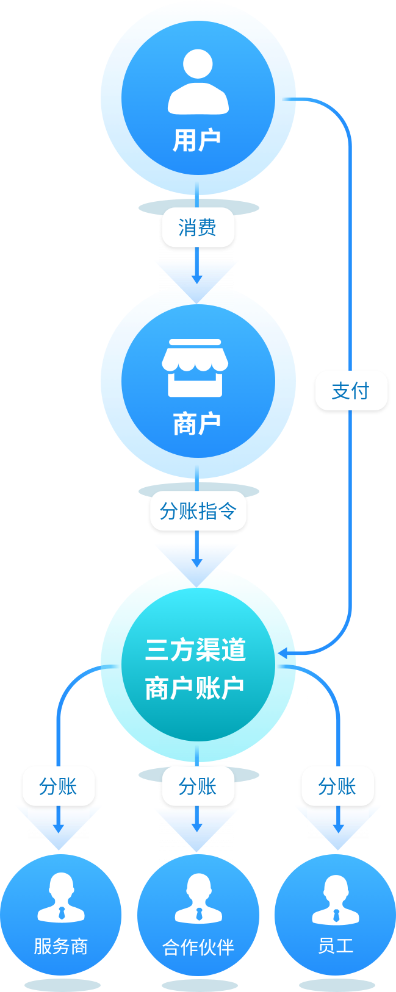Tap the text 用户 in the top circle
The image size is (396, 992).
[x=197, y=140]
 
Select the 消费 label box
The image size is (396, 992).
[x=197, y=228]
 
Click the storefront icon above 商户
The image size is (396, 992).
[x=195, y=367]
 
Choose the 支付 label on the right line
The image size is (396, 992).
[x=351, y=391]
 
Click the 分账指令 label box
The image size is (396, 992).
[x=198, y=511]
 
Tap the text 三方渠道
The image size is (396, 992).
[x=195, y=651]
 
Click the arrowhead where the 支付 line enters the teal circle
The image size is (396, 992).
[x=283, y=653]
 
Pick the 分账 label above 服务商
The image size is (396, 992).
[x=59, y=787]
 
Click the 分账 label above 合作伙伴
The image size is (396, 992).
[x=198, y=787]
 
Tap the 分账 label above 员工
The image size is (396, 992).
[x=337, y=787]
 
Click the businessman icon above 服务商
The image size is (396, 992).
[x=61, y=898]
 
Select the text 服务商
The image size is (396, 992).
[x=61, y=946]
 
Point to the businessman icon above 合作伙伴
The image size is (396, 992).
[x=198, y=898]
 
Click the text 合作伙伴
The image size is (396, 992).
[x=198, y=947]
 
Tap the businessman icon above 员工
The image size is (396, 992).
[x=336, y=898]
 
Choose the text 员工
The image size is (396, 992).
[x=336, y=946]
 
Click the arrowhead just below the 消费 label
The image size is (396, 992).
[x=196, y=279]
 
